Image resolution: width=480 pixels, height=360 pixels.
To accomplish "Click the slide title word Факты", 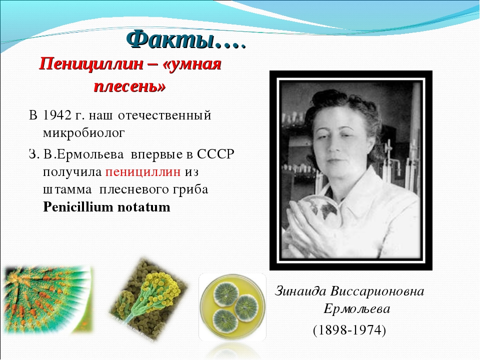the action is click(169, 39).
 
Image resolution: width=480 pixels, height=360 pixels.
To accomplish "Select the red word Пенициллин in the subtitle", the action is click(91, 64).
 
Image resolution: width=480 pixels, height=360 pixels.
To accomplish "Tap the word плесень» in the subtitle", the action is click(130, 86).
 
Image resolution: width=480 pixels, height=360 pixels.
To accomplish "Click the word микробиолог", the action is click(84, 133).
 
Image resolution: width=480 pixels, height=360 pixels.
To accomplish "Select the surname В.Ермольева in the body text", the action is click(83, 154).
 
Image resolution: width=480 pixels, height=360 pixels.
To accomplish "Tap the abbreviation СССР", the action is click(215, 154).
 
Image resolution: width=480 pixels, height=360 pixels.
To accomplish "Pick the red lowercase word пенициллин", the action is click(143, 171).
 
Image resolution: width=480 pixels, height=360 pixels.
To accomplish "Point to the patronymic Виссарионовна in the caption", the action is click(377, 291).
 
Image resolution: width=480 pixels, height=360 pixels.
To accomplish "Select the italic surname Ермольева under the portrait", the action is click(357, 308).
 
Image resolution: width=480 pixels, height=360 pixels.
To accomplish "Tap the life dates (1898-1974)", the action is click(349, 330).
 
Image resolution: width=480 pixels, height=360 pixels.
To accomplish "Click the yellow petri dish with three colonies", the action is click(232, 306).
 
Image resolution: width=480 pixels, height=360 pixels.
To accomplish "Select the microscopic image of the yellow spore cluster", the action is click(149, 299).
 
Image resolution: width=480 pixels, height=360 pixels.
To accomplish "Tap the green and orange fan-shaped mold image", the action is click(47, 298).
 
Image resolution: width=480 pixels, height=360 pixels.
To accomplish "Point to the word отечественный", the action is click(164, 115).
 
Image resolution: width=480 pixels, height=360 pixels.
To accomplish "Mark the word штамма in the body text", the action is click(67, 189).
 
